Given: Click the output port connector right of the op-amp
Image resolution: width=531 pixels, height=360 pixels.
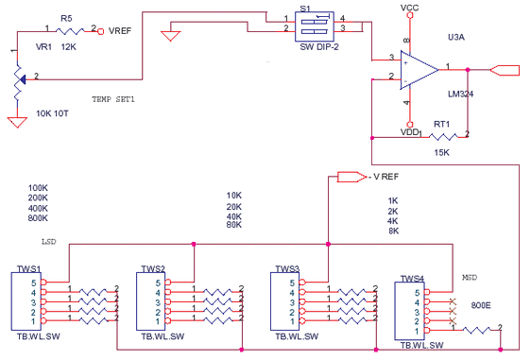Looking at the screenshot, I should pyautogui.click(x=505, y=68).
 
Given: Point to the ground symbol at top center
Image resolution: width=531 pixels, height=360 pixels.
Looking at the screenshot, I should pyautogui.click(x=170, y=38).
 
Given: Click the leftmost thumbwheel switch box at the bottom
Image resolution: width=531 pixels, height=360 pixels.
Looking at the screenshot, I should pyautogui.click(x=26, y=298).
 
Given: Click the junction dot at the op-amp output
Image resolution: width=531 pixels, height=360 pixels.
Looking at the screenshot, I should pyautogui.click(x=470, y=68).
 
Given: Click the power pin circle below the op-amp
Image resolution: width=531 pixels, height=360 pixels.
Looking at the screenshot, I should pyautogui.click(x=409, y=124).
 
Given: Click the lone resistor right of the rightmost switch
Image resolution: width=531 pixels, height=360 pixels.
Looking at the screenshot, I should pyautogui.click(x=481, y=330).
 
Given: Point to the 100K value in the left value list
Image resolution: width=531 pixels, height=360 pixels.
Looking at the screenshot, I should pyautogui.click(x=39, y=188).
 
